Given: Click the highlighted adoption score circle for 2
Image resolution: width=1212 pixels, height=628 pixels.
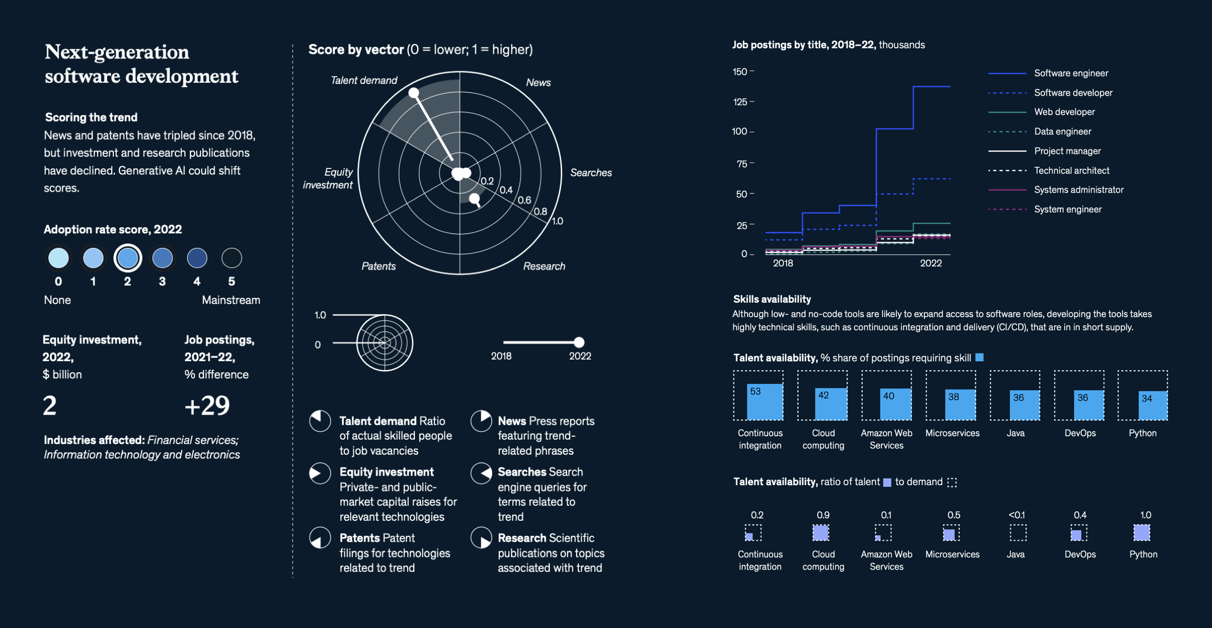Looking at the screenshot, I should click(128, 258).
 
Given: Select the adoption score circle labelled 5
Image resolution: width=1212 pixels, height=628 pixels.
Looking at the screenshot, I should click(232, 258).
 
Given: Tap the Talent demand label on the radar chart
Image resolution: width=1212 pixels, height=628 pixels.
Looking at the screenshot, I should click(364, 81).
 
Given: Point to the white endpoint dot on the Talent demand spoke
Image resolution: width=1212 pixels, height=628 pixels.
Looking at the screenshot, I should click(414, 93).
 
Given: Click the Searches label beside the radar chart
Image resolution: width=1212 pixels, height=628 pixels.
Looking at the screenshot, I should click(591, 173).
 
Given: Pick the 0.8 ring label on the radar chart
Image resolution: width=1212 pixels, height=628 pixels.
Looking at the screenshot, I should click(540, 212).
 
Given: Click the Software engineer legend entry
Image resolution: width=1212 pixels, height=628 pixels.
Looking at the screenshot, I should click(1070, 73).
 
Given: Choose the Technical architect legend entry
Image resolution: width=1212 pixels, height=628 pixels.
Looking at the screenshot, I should click(1071, 171).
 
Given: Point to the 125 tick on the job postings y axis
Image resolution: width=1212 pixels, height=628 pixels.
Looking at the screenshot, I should click(740, 102).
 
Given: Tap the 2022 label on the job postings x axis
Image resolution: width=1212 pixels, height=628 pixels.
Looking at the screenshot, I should click(930, 263).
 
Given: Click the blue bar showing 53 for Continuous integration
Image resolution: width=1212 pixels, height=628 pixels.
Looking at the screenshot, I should click(765, 402).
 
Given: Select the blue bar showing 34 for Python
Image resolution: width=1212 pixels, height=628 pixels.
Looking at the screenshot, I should click(1153, 406).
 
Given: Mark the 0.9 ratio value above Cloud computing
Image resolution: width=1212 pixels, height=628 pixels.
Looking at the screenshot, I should click(823, 515).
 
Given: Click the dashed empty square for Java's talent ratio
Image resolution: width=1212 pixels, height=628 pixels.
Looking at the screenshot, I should click(1018, 533).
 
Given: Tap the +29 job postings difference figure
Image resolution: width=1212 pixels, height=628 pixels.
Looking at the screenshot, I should click(207, 406).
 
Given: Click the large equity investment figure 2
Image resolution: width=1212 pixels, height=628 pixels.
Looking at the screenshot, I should click(49, 406).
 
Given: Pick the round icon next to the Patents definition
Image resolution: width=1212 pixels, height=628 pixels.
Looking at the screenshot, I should click(320, 538).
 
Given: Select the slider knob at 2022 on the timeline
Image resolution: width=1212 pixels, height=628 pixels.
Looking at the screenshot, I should click(579, 342).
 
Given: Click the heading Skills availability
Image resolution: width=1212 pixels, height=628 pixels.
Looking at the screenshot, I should click(772, 300).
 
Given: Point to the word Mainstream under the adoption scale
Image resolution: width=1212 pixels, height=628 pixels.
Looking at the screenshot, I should click(231, 300).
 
